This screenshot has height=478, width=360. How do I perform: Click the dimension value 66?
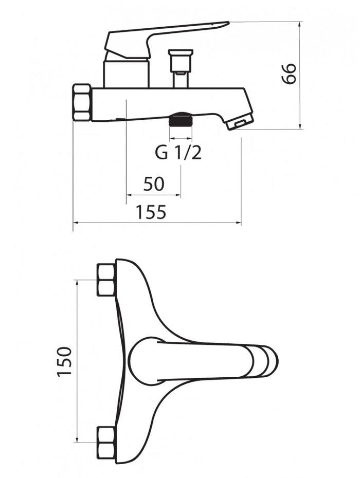(x=289, y=73)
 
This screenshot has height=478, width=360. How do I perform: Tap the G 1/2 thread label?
(x=178, y=153)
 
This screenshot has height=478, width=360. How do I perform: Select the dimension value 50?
(x=154, y=184)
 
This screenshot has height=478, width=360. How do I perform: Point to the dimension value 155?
(x=151, y=212)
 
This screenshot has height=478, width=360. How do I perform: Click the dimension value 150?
(x=64, y=361)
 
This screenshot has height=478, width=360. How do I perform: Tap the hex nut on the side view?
(x=82, y=103)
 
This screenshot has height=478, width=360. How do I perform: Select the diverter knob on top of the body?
(x=181, y=68)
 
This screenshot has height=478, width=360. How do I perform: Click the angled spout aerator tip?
(x=240, y=121)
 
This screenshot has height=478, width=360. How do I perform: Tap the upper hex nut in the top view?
(x=106, y=280)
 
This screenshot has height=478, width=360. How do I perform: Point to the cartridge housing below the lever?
(x=127, y=74)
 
